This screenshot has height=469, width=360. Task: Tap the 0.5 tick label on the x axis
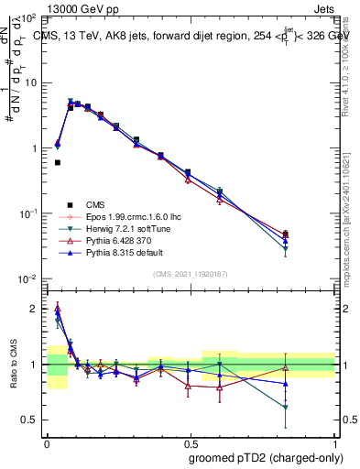click(x=191, y=441)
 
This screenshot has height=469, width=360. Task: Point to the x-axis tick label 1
click(x=335, y=441)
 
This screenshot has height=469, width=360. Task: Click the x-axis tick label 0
click(x=47, y=441)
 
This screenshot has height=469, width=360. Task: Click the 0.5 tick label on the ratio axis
click(x=32, y=420)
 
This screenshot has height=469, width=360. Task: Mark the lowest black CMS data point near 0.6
click(x=58, y=162)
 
